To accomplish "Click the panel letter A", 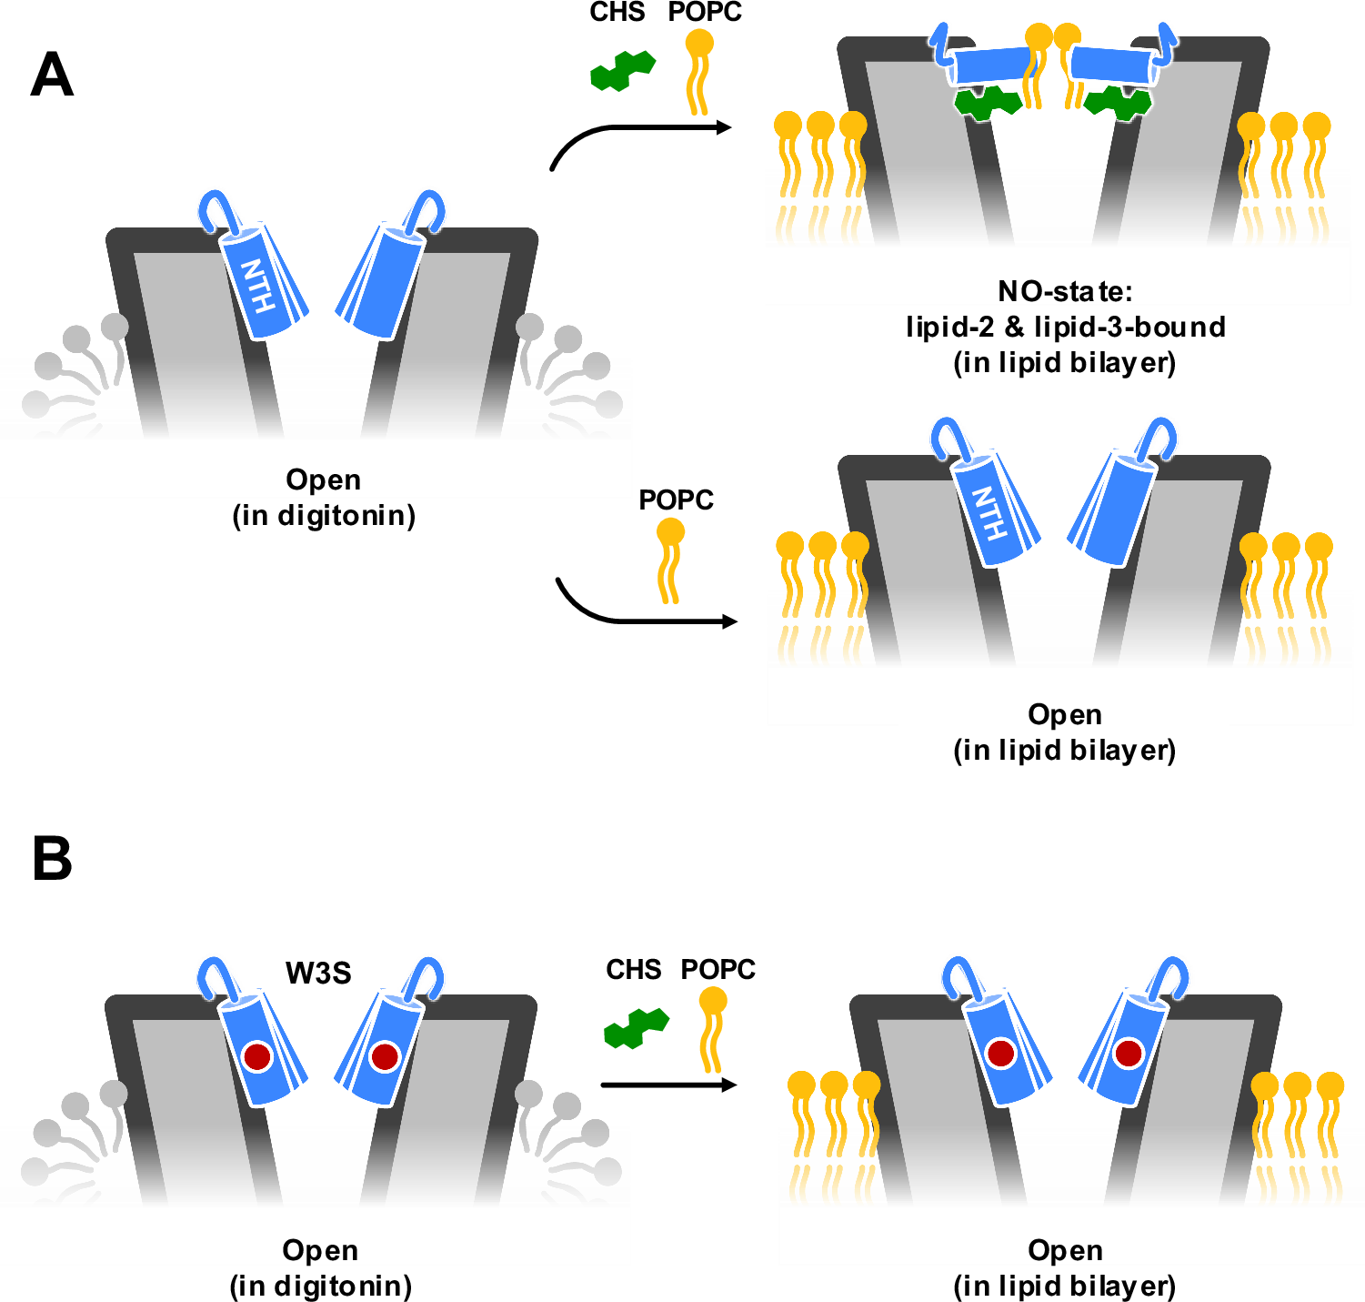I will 52,75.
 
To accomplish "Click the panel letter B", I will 52,858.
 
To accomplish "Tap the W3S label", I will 318,974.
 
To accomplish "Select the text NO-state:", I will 1065,291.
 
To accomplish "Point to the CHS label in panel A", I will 617,13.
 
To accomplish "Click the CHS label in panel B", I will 633,970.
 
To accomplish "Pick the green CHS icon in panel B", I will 637,1028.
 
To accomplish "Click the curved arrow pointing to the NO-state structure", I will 637,132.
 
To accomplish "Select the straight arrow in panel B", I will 668,1085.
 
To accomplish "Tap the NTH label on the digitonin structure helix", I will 258,286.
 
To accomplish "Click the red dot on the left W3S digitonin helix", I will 257,1056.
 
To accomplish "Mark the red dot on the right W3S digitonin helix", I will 385,1056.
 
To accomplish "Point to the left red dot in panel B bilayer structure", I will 1001,1054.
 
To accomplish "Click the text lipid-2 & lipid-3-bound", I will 1065,327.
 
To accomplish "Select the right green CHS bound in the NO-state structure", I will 1118,102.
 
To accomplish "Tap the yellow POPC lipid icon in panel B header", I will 712,1028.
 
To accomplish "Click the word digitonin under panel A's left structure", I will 340,516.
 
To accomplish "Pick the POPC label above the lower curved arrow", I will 676,500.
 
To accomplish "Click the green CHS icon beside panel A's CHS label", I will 623,71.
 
